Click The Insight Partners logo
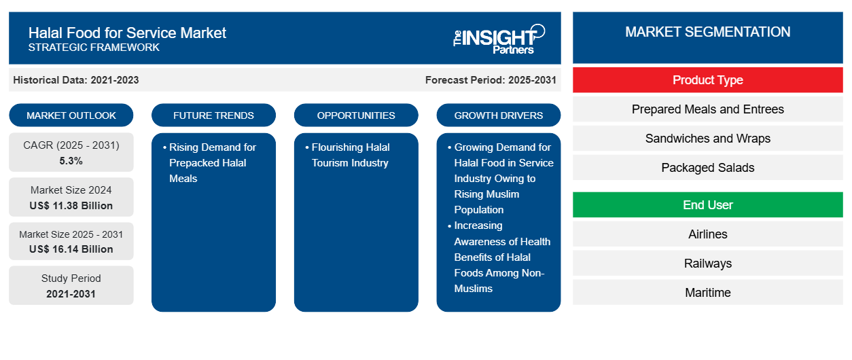click(x=499, y=38)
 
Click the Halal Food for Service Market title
click(x=127, y=33)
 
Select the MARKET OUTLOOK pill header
click(x=71, y=115)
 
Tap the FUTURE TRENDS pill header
click(x=213, y=115)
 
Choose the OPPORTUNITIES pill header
click(x=356, y=115)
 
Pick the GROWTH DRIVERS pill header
click(x=499, y=115)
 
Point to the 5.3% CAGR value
click(x=71, y=161)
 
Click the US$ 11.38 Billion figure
click(x=71, y=205)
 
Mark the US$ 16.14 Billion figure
click(x=71, y=249)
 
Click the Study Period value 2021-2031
click(x=71, y=294)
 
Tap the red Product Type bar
click(x=707, y=80)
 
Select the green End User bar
click(x=707, y=205)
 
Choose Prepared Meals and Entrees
click(x=707, y=109)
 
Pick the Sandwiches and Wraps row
click(x=707, y=139)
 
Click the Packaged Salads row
click(x=707, y=168)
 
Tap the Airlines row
click(x=707, y=234)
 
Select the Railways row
click(x=707, y=264)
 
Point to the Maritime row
click(x=707, y=293)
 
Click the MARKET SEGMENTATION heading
click(x=707, y=32)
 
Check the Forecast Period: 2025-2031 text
click(x=491, y=80)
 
